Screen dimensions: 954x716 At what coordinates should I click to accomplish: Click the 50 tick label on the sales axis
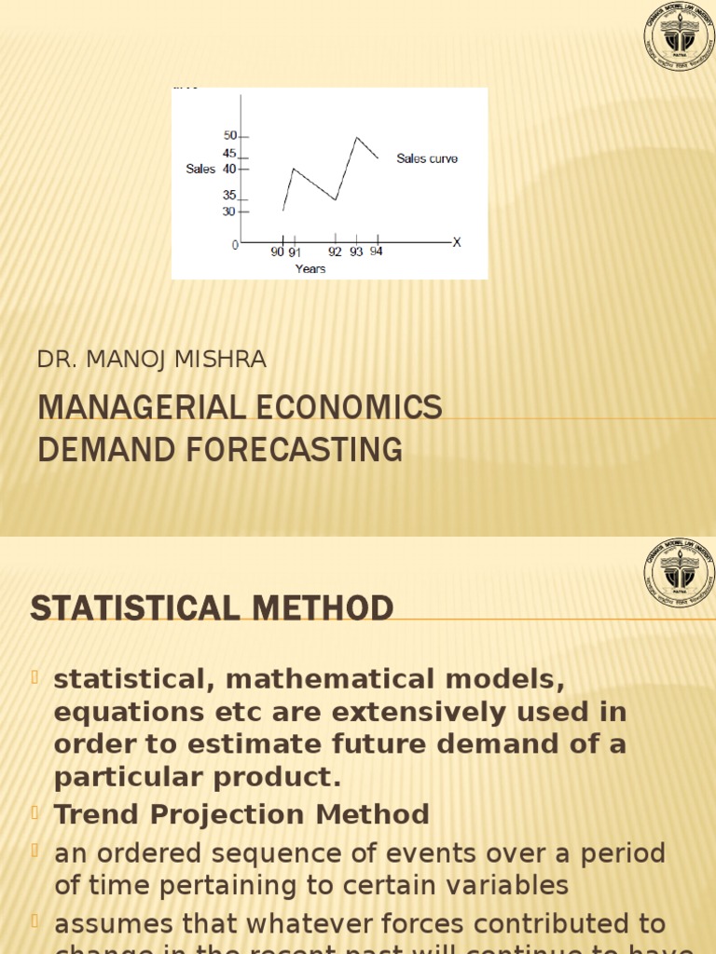point(229,136)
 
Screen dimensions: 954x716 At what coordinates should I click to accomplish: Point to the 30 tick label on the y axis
point(229,211)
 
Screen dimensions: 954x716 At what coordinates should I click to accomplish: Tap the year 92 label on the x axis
point(336,252)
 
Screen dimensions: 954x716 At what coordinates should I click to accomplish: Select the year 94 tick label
point(376,252)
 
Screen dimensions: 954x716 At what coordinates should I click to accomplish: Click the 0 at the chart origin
point(236,244)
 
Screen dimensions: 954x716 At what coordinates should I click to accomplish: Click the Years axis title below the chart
point(310,268)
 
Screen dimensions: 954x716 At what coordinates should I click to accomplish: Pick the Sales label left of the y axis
point(200,170)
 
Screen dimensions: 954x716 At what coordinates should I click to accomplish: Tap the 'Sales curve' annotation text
point(427,158)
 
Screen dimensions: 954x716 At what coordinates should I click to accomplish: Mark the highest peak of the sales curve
point(356,138)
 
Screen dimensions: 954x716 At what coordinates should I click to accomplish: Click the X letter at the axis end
point(457,242)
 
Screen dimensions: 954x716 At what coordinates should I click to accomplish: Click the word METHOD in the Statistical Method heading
point(313,609)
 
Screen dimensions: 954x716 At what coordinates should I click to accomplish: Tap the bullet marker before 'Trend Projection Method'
point(37,812)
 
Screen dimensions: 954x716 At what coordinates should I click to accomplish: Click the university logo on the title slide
point(677,37)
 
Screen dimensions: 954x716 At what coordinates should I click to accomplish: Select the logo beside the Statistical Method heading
point(677,573)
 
